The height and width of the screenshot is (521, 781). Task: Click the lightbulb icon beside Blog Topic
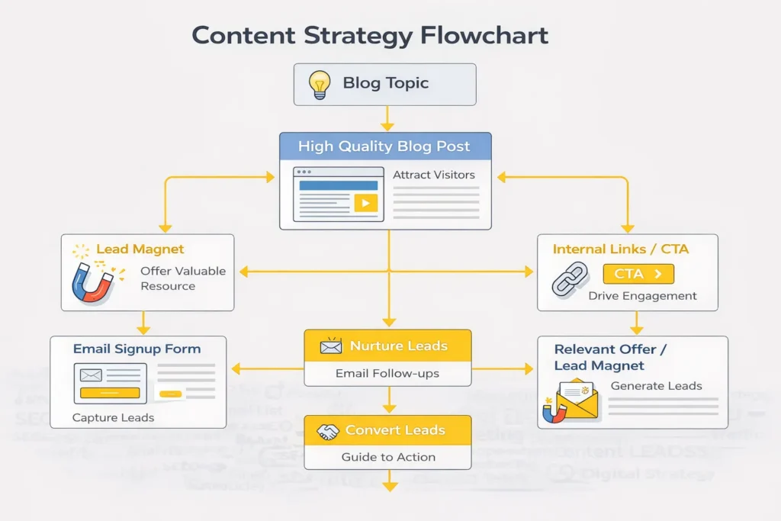click(x=320, y=83)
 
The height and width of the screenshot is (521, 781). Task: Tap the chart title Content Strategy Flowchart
click(x=370, y=35)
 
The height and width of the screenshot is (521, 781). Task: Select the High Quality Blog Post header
click(x=384, y=146)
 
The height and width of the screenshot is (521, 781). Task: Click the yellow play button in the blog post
click(x=365, y=203)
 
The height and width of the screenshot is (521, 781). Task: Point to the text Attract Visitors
click(x=433, y=175)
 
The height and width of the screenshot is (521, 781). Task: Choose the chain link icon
click(x=570, y=279)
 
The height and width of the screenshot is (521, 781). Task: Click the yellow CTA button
click(x=638, y=274)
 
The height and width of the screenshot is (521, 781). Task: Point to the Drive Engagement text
click(x=642, y=296)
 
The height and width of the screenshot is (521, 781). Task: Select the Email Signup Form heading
click(x=137, y=349)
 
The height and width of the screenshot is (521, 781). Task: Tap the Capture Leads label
click(x=113, y=417)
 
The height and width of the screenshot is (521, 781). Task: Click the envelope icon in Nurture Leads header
click(x=330, y=347)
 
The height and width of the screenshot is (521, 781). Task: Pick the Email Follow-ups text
click(x=387, y=374)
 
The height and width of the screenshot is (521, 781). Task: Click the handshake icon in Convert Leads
click(x=328, y=432)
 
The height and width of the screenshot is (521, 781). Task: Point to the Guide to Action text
click(x=388, y=457)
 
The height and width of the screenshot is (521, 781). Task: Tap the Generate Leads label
click(x=656, y=386)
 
